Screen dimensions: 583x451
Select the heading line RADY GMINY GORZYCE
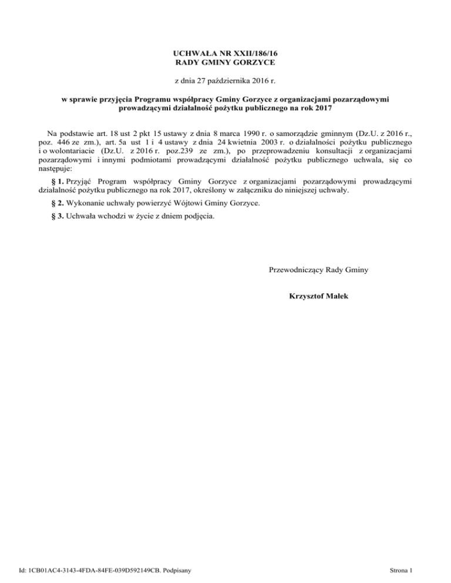tap(225, 62)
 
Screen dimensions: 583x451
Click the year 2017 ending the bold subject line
tap(322, 107)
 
